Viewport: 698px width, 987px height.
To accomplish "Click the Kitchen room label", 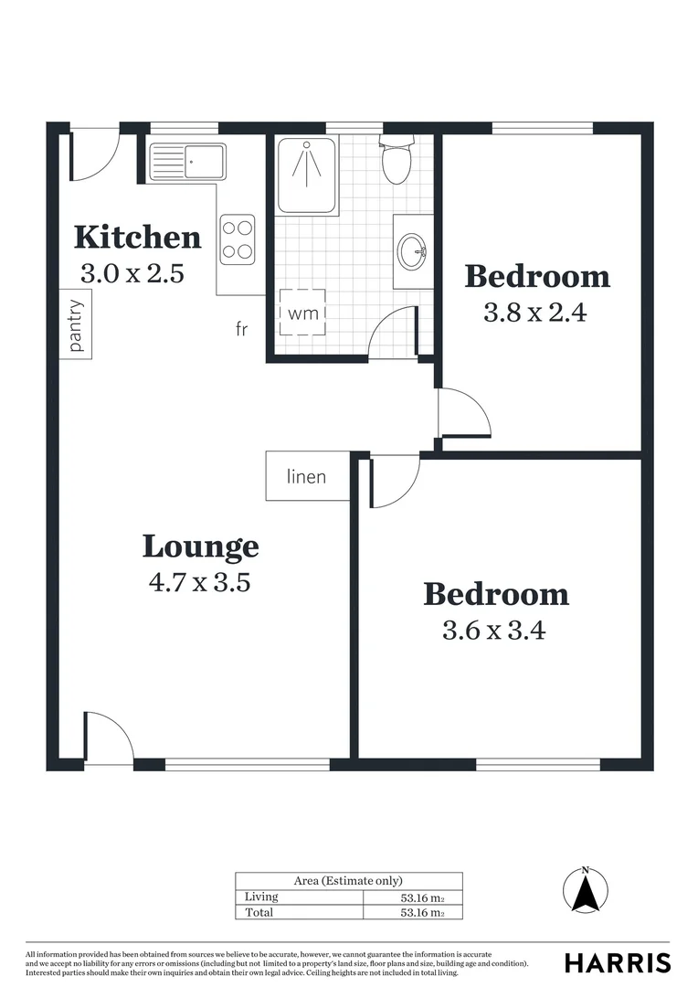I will pyautogui.click(x=137, y=238).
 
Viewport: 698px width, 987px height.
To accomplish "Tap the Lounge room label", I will pyautogui.click(x=200, y=547).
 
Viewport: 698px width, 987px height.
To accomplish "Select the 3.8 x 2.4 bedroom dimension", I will pyautogui.click(x=534, y=313).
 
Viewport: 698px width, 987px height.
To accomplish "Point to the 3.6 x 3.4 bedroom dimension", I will pyautogui.click(x=493, y=630).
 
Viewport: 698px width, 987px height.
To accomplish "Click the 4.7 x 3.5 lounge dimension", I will pyautogui.click(x=199, y=581).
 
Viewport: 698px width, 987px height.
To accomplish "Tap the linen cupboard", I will pyautogui.click(x=306, y=476).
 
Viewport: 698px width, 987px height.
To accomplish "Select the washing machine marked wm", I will pyautogui.click(x=302, y=313).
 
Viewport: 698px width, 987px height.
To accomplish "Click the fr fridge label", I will pyautogui.click(x=241, y=329).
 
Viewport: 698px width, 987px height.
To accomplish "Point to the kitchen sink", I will pyautogui.click(x=188, y=163).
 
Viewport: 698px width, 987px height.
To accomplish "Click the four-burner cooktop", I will pyautogui.click(x=237, y=239).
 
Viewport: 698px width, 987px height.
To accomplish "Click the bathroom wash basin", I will pyautogui.click(x=412, y=249).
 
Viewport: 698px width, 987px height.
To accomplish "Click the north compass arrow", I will pyautogui.click(x=586, y=888).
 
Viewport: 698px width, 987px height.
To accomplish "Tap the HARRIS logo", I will pyautogui.click(x=617, y=962).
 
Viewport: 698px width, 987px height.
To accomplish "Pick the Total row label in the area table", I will pyautogui.click(x=259, y=912).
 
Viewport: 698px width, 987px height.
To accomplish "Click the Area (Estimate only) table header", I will pyautogui.click(x=348, y=881).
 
